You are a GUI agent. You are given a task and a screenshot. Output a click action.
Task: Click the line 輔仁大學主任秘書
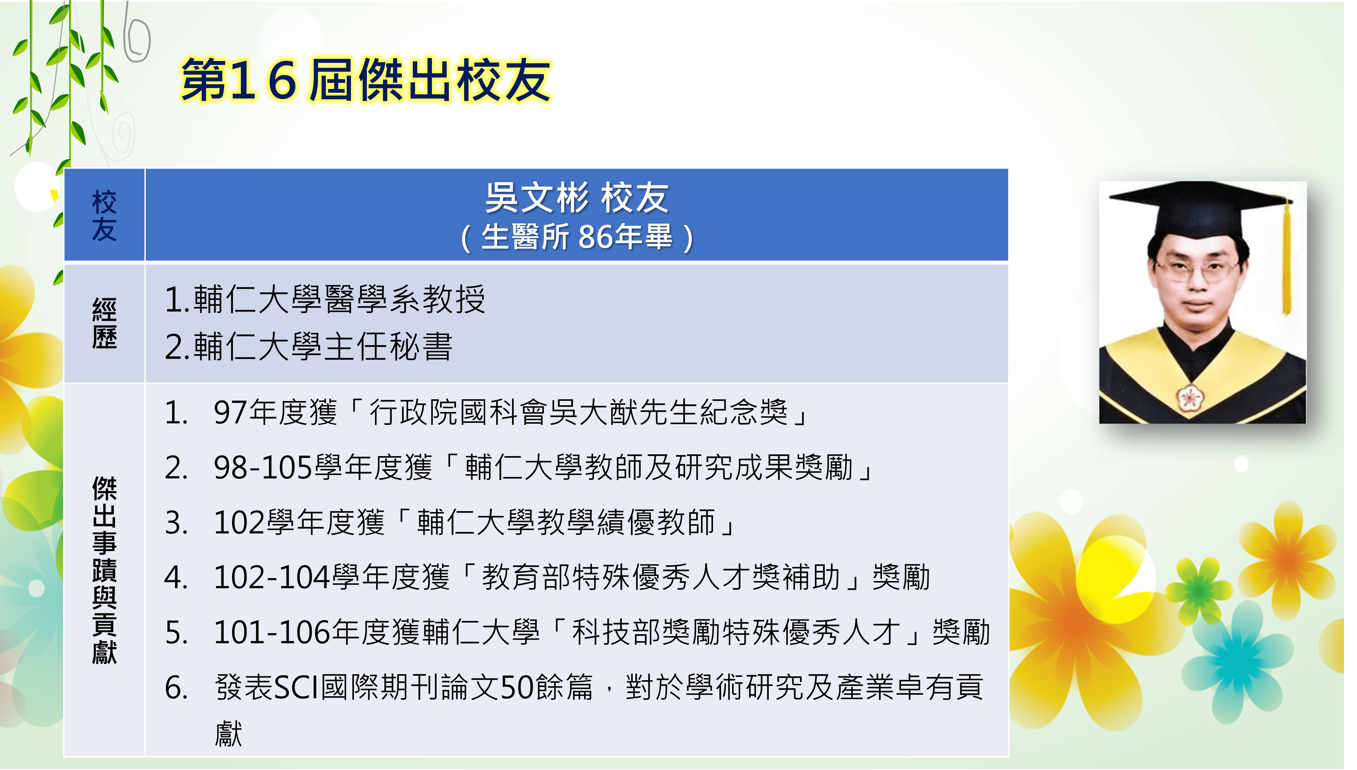click(323, 347)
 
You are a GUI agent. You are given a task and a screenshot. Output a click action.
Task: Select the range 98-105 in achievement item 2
click(263, 468)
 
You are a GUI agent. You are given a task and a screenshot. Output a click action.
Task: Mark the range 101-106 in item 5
click(273, 633)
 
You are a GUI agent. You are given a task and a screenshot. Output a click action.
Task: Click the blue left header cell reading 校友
click(104, 215)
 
